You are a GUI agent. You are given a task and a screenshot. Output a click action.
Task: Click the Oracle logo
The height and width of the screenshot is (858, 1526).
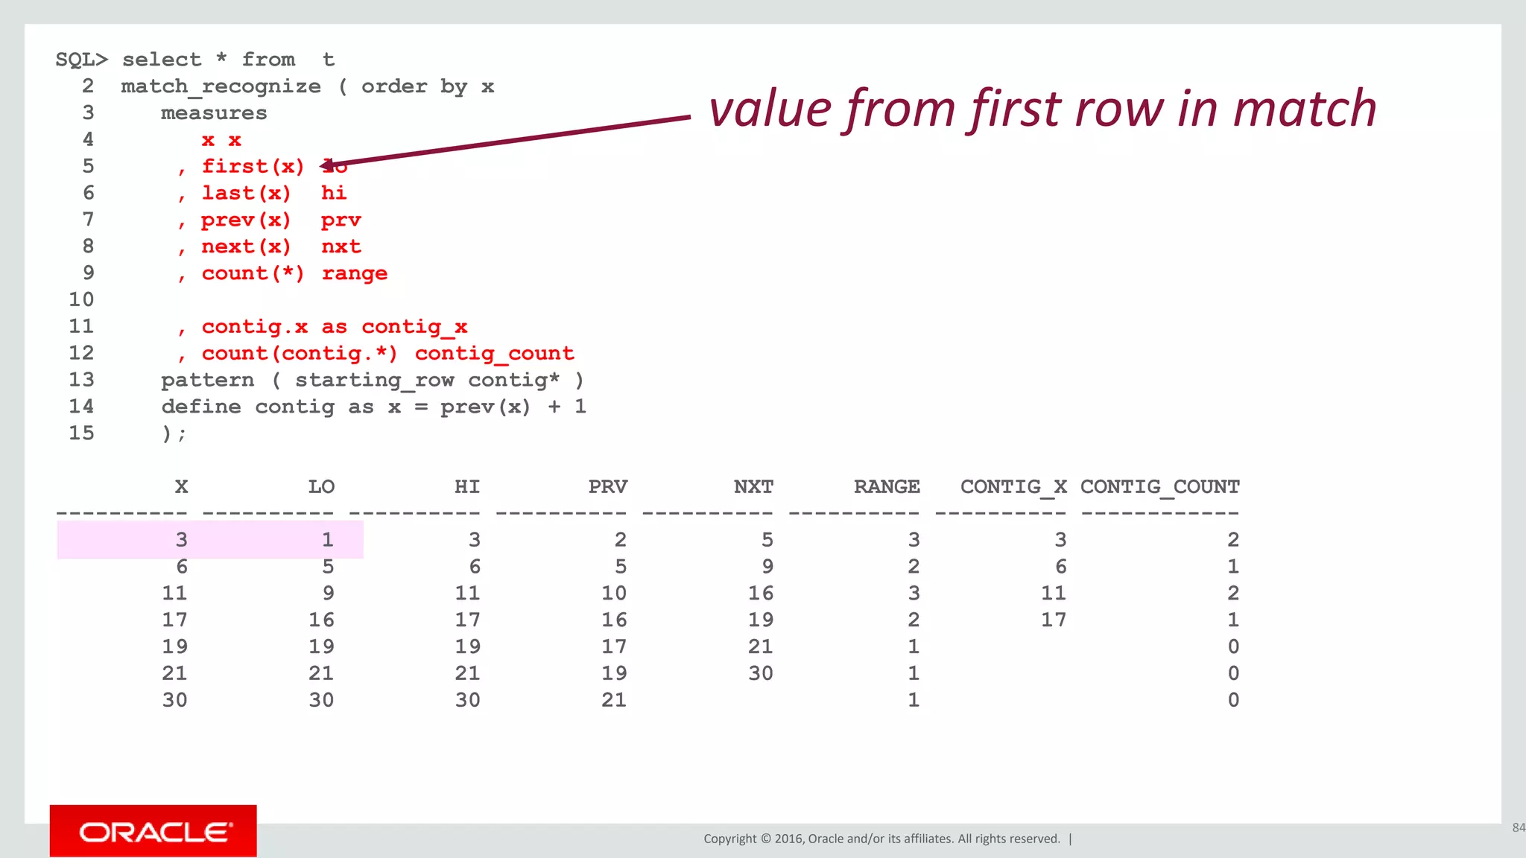153,830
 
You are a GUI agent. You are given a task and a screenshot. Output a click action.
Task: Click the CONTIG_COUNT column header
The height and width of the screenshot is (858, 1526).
1159,487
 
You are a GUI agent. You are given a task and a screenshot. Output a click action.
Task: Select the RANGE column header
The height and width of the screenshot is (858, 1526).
887,487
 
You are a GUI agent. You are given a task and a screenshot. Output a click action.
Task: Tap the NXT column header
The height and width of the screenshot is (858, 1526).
753,487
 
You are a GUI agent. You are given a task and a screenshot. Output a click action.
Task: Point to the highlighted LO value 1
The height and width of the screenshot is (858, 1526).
327,540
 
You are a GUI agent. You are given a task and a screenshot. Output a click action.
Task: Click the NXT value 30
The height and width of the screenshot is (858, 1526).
760,673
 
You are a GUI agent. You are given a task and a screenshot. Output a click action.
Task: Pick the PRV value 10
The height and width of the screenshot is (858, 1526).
614,594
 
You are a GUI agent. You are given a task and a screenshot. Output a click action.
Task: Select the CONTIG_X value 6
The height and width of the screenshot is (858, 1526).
1060,567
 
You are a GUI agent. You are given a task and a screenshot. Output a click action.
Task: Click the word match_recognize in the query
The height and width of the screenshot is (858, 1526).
221,87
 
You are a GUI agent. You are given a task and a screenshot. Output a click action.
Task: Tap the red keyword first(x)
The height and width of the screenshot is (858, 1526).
253,166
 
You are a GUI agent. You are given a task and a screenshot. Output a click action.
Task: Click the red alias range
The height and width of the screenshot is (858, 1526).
354,273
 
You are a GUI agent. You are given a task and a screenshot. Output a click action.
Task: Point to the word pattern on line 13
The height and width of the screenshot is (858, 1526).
207,381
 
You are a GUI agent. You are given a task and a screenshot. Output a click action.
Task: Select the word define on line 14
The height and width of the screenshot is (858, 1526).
201,407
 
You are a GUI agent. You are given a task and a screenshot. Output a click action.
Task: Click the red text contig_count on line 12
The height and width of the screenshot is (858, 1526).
494,354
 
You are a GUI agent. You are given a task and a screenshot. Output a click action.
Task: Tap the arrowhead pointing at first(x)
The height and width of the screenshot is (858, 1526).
328,165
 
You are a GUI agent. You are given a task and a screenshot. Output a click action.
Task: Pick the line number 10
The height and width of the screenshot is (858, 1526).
81,300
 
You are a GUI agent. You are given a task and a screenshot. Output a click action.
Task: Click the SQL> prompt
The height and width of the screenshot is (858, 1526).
82,60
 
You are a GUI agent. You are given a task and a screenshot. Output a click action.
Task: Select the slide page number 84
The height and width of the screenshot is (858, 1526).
1518,827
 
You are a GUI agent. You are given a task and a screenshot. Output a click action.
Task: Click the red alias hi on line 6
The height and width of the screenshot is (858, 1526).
333,194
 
